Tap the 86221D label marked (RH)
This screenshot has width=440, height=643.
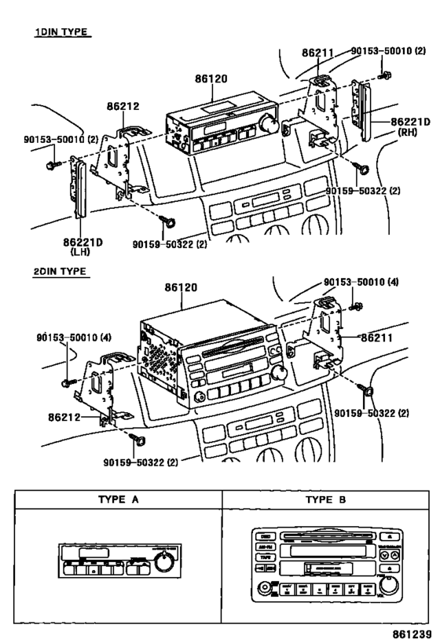click(409, 122)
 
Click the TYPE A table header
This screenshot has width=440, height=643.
click(118, 499)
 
